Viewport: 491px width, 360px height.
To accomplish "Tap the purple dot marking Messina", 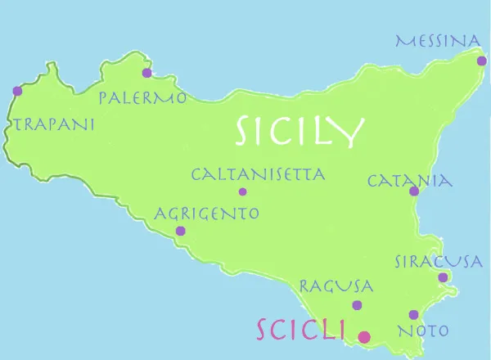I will tap(481, 61).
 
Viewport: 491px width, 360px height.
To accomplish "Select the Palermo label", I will tap(142, 98).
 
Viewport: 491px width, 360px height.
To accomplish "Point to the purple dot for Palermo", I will tap(146, 73).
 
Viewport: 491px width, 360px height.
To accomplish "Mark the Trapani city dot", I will tap(17, 92).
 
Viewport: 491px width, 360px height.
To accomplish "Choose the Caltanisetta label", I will tap(258, 174).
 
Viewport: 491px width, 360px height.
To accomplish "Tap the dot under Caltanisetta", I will tap(242, 192).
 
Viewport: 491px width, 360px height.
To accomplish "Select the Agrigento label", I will tap(207, 214).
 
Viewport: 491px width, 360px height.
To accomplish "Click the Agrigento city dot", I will tap(180, 231).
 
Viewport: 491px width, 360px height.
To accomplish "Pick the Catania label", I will tap(410, 180).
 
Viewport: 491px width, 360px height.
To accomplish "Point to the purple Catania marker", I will tap(414, 192).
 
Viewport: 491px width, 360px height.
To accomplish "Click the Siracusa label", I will tap(437, 262).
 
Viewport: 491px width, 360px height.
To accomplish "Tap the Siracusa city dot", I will tap(443, 277).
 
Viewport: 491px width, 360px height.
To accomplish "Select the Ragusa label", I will tap(336, 286).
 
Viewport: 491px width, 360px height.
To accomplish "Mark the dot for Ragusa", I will tap(357, 305).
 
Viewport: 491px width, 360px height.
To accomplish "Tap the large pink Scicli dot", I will tap(364, 335).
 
